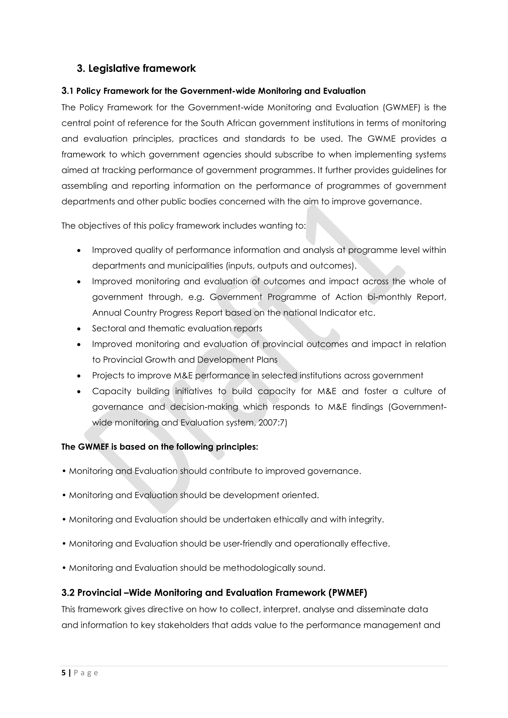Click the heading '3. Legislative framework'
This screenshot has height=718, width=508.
(x=136, y=68)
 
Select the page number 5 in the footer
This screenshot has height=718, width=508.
(x=64, y=673)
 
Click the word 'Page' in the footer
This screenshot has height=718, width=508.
(x=86, y=673)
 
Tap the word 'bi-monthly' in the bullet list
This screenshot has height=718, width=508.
(x=389, y=297)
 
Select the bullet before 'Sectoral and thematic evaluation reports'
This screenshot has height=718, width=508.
(x=79, y=329)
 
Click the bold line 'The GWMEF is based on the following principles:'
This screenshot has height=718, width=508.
(x=159, y=447)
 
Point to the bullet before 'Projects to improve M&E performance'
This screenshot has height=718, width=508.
(x=79, y=376)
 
